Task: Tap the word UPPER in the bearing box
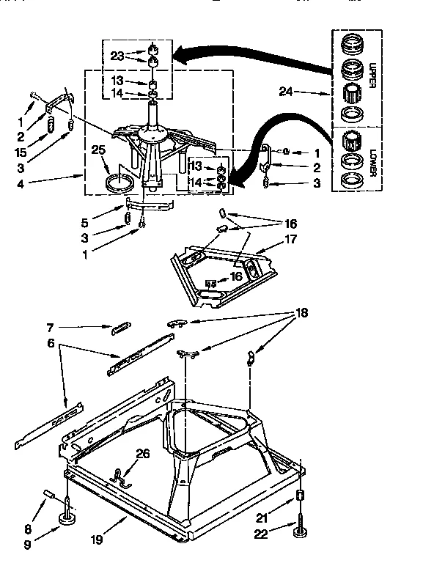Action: tap(372, 75)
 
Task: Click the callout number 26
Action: tap(142, 454)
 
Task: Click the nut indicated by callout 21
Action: tap(300, 498)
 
